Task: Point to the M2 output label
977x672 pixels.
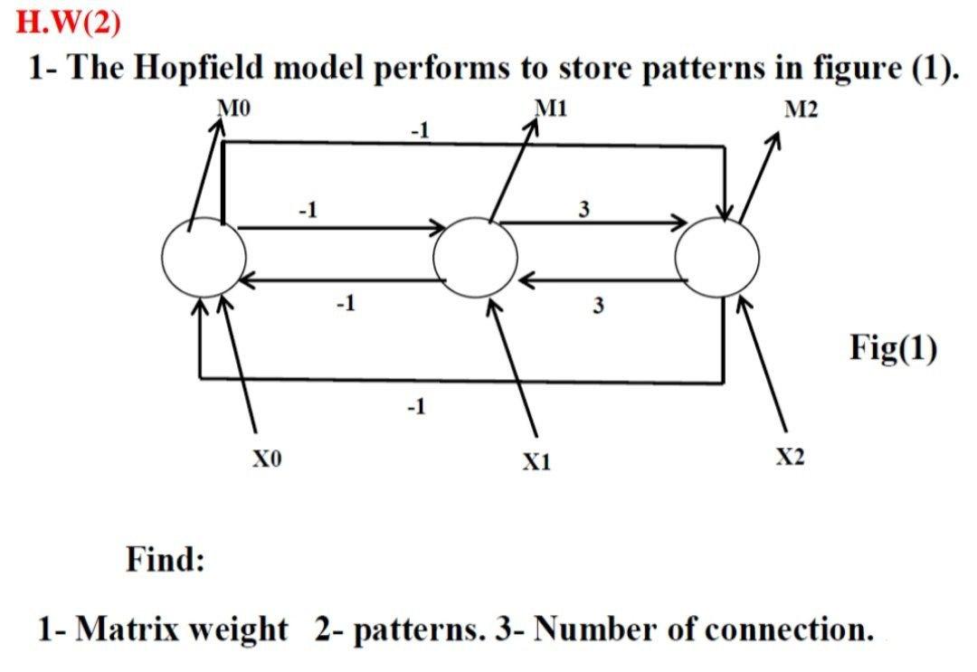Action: coord(801,110)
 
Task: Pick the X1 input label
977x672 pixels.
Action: coord(536,462)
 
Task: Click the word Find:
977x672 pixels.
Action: coord(165,560)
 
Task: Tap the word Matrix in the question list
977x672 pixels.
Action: coord(123,629)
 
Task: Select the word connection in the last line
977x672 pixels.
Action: coord(771,629)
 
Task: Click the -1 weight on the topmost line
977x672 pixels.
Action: coord(419,132)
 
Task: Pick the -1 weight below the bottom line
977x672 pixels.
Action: coord(415,409)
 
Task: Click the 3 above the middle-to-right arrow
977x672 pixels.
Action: coord(584,210)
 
